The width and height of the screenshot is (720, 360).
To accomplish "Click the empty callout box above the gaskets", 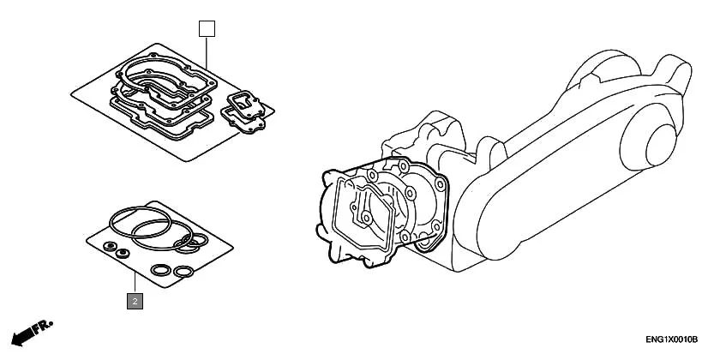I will click(207, 28).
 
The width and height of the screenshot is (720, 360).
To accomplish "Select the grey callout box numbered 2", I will click(135, 301).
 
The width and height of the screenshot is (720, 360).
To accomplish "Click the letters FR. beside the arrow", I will click(42, 327).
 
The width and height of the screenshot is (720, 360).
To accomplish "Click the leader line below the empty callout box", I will click(207, 51).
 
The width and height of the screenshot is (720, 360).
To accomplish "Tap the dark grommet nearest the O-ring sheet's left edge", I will click(109, 246).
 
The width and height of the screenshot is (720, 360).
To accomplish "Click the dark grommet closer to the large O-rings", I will click(123, 253).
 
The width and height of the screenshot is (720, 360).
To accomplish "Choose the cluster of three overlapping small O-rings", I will click(190, 243).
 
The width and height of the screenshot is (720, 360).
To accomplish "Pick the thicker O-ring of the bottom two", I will click(160, 271).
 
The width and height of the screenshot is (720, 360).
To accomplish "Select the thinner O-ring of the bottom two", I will click(183, 273).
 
